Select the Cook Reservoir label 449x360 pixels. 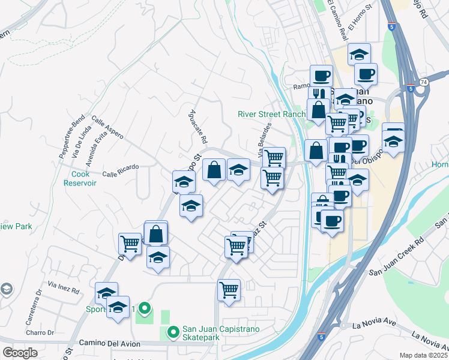(x=79, y=178)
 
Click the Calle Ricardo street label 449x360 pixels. (x=121, y=170)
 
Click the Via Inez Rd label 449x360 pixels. (x=64, y=288)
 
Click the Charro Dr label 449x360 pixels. (x=40, y=332)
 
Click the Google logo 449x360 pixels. (x=20, y=353)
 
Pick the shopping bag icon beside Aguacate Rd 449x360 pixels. (x=214, y=170)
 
